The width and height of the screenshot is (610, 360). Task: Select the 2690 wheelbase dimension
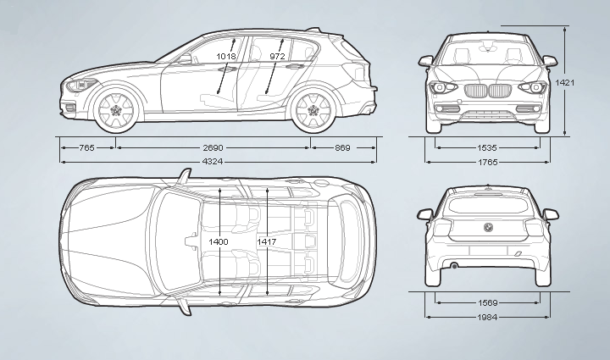coord(213,148)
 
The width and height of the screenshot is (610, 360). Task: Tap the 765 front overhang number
coord(86,148)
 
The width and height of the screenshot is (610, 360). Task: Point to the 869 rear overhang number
coord(342,148)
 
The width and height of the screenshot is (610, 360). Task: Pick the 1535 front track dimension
coord(486,147)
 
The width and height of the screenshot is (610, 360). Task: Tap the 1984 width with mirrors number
coord(486,318)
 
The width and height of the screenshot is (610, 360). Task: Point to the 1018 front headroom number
coord(226,57)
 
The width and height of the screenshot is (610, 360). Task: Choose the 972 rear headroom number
coord(277,57)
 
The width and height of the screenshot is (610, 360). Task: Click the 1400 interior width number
coord(219,242)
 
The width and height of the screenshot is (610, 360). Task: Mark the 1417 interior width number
coord(267,242)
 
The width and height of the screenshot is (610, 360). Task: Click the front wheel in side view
coord(114,109)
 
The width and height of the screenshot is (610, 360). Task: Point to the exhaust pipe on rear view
coord(454,267)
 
